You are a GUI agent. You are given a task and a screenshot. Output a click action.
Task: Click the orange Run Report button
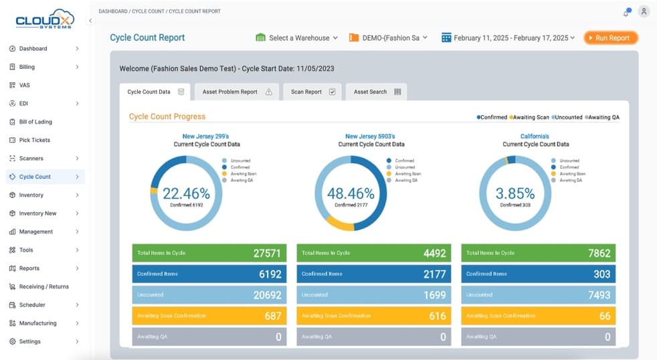click(x=610, y=38)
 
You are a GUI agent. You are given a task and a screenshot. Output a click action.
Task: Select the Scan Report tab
click(x=312, y=92)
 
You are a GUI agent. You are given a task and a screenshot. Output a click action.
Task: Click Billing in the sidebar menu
click(x=27, y=67)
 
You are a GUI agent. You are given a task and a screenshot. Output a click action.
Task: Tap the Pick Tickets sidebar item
click(x=34, y=140)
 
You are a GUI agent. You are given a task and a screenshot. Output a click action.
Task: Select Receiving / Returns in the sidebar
click(x=43, y=286)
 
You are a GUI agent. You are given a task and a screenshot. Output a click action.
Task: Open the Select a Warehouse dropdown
click(x=297, y=38)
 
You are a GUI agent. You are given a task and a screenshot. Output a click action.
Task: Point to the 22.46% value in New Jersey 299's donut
click(x=186, y=194)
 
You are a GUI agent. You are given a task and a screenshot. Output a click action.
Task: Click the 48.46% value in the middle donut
click(x=350, y=194)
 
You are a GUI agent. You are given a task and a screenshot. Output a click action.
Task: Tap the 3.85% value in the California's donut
click(x=514, y=194)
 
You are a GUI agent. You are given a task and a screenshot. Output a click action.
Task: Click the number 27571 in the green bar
click(x=267, y=254)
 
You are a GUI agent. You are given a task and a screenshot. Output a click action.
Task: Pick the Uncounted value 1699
click(x=434, y=295)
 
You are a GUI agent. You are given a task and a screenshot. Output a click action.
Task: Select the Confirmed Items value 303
click(x=601, y=274)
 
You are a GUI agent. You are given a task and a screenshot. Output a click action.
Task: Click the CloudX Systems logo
click(x=45, y=19)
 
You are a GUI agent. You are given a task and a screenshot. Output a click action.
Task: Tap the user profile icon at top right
click(x=644, y=11)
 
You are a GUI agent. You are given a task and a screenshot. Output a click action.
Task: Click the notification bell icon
click(x=626, y=12)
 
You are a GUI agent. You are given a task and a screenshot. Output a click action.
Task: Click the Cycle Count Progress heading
click(x=167, y=116)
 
